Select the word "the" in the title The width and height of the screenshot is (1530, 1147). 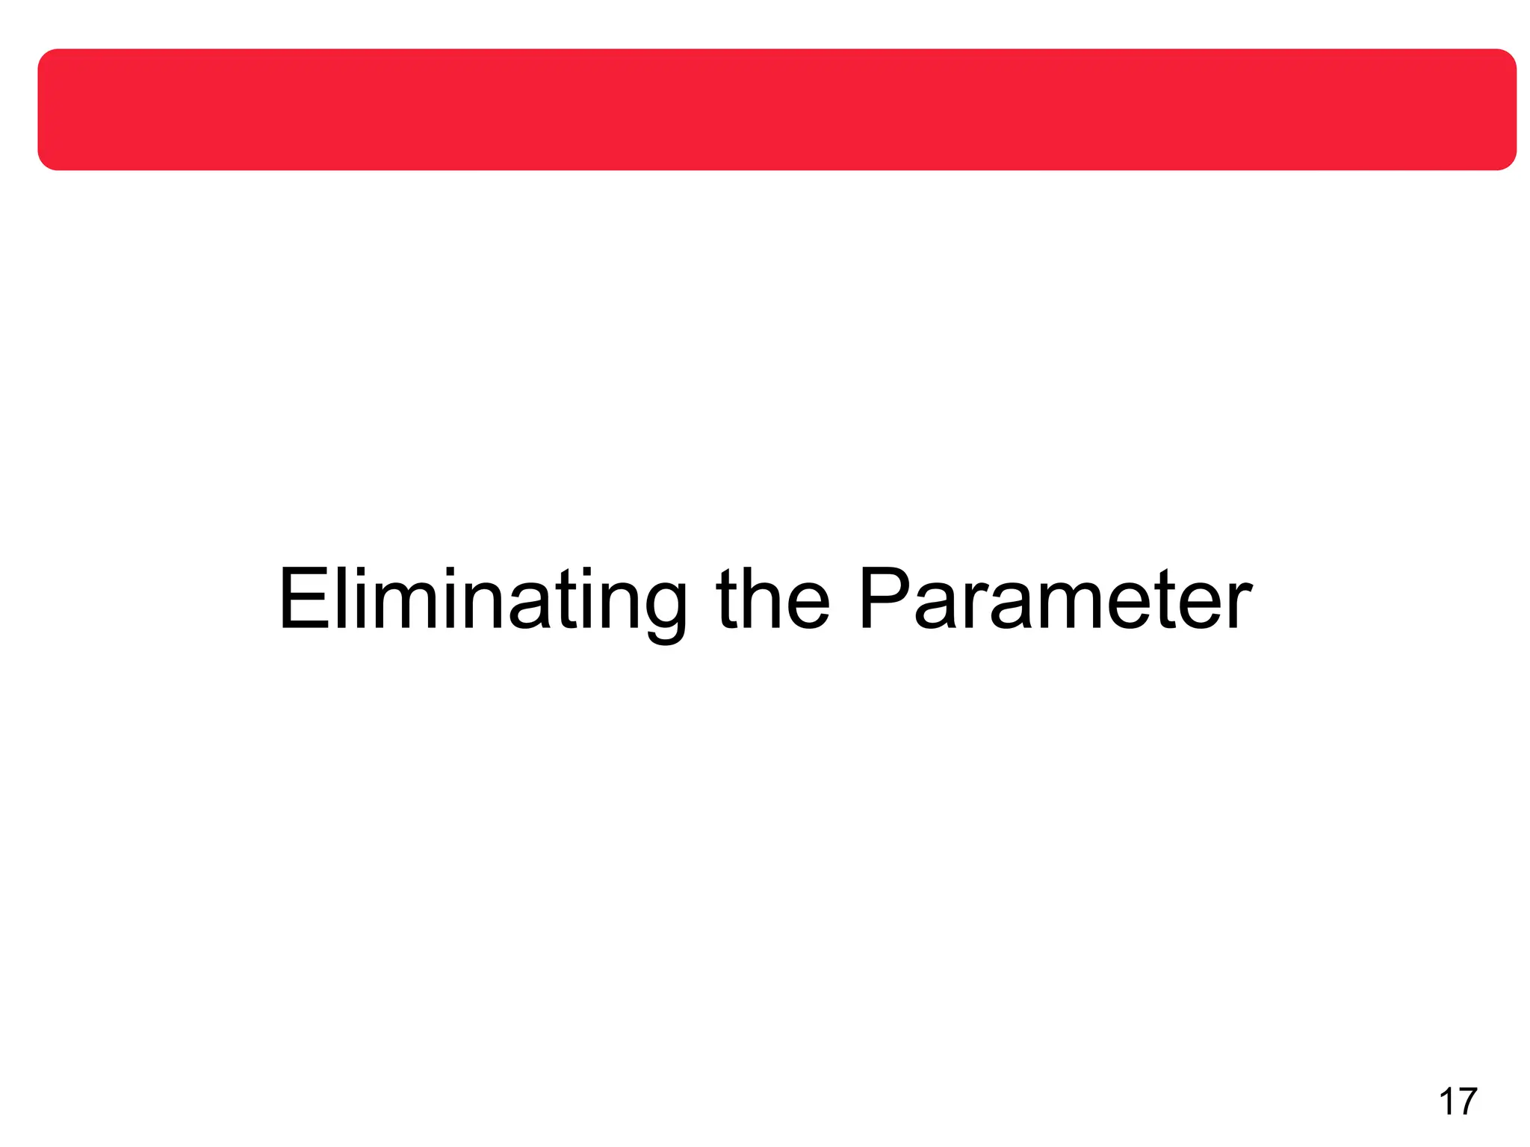pos(772,600)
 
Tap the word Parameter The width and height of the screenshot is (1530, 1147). pos(1055,600)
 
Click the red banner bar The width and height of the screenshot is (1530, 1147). pos(777,110)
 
